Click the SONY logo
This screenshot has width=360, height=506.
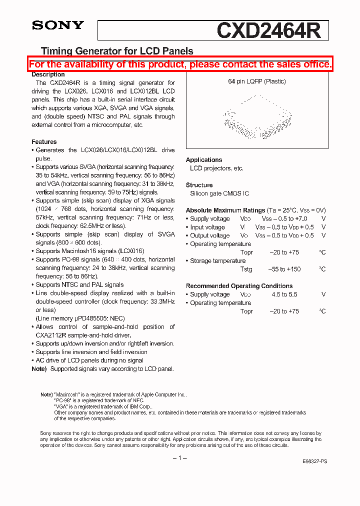58,25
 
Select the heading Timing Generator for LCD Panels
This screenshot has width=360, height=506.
116,51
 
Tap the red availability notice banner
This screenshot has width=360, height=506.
180,64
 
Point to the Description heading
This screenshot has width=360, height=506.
48,74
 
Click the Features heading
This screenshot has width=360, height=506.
44,142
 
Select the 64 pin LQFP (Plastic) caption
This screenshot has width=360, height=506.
257,81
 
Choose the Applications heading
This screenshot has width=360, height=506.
204,160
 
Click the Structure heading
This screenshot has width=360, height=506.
199,185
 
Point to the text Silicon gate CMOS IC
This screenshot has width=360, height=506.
219,193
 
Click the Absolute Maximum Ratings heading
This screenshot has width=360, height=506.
225,210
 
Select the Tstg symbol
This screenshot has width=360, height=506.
246,269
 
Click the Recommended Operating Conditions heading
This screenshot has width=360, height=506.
239,286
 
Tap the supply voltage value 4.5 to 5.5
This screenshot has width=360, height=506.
284,294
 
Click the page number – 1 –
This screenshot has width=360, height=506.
179,458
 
